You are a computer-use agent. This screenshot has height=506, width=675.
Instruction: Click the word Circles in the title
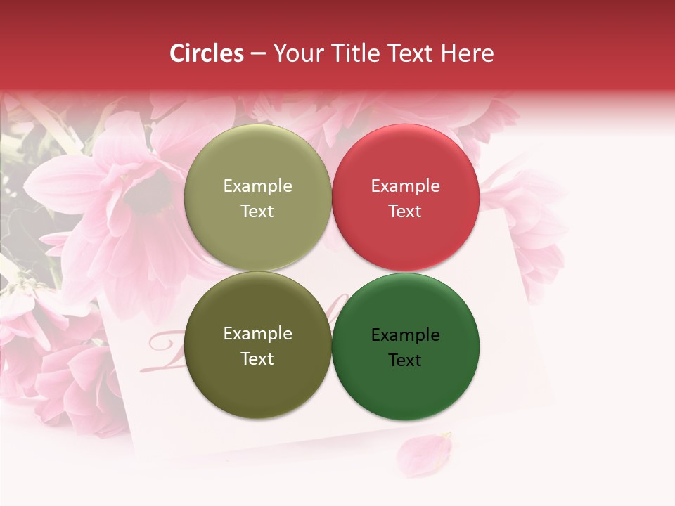click(207, 53)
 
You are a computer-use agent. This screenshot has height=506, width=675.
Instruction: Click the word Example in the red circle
click(405, 186)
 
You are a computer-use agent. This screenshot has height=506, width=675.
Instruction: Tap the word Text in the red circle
click(405, 212)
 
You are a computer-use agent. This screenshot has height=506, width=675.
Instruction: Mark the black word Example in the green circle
click(405, 335)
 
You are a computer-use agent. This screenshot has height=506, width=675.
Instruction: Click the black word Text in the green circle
click(405, 361)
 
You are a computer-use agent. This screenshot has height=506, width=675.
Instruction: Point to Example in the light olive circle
click(257, 186)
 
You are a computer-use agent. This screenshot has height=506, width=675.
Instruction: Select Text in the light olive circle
click(257, 212)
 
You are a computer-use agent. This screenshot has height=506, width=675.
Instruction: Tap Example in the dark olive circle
click(257, 334)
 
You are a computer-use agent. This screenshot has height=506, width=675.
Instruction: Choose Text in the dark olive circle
click(257, 359)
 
